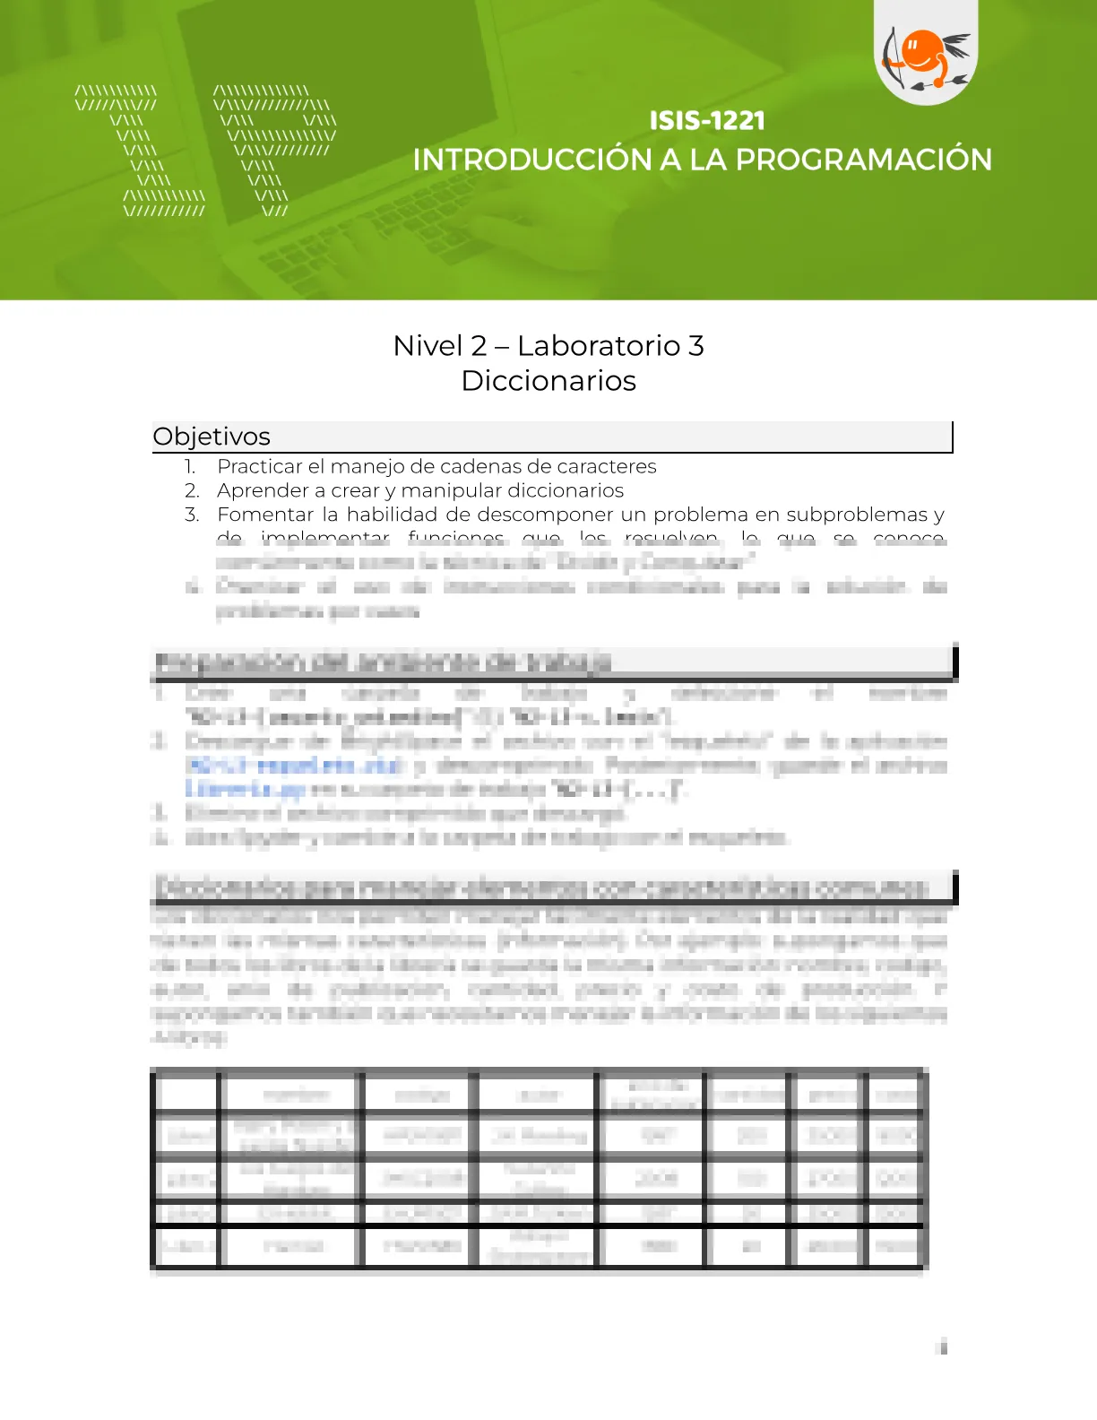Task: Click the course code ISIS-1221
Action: [707, 121]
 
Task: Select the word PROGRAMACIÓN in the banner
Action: [864, 160]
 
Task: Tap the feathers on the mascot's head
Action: [956, 45]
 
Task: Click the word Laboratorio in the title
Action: [599, 346]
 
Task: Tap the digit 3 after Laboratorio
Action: [695, 346]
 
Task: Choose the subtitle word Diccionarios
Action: [548, 381]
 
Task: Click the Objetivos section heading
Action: [212, 437]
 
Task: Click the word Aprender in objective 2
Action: [261, 491]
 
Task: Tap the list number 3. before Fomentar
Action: [192, 515]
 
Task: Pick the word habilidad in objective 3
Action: [392, 515]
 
